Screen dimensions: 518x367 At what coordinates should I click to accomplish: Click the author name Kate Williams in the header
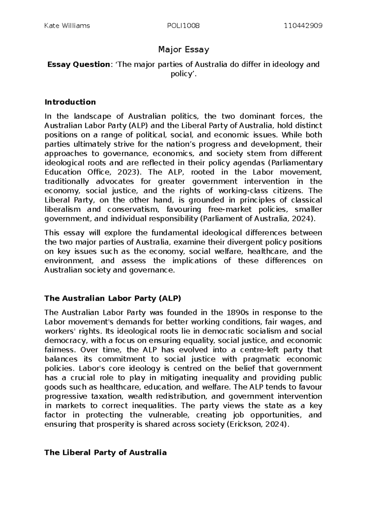(67, 26)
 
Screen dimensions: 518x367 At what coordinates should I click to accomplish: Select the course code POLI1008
(183, 26)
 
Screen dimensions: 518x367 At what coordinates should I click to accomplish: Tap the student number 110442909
(303, 26)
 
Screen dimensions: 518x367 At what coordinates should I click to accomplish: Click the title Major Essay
(183, 49)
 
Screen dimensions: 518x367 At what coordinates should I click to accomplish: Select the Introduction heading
(70, 102)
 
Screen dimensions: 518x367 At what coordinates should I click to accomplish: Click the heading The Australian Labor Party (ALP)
(113, 298)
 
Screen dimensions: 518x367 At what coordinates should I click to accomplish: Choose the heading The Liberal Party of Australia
(106, 453)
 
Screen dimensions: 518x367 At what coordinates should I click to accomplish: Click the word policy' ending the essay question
(183, 74)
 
